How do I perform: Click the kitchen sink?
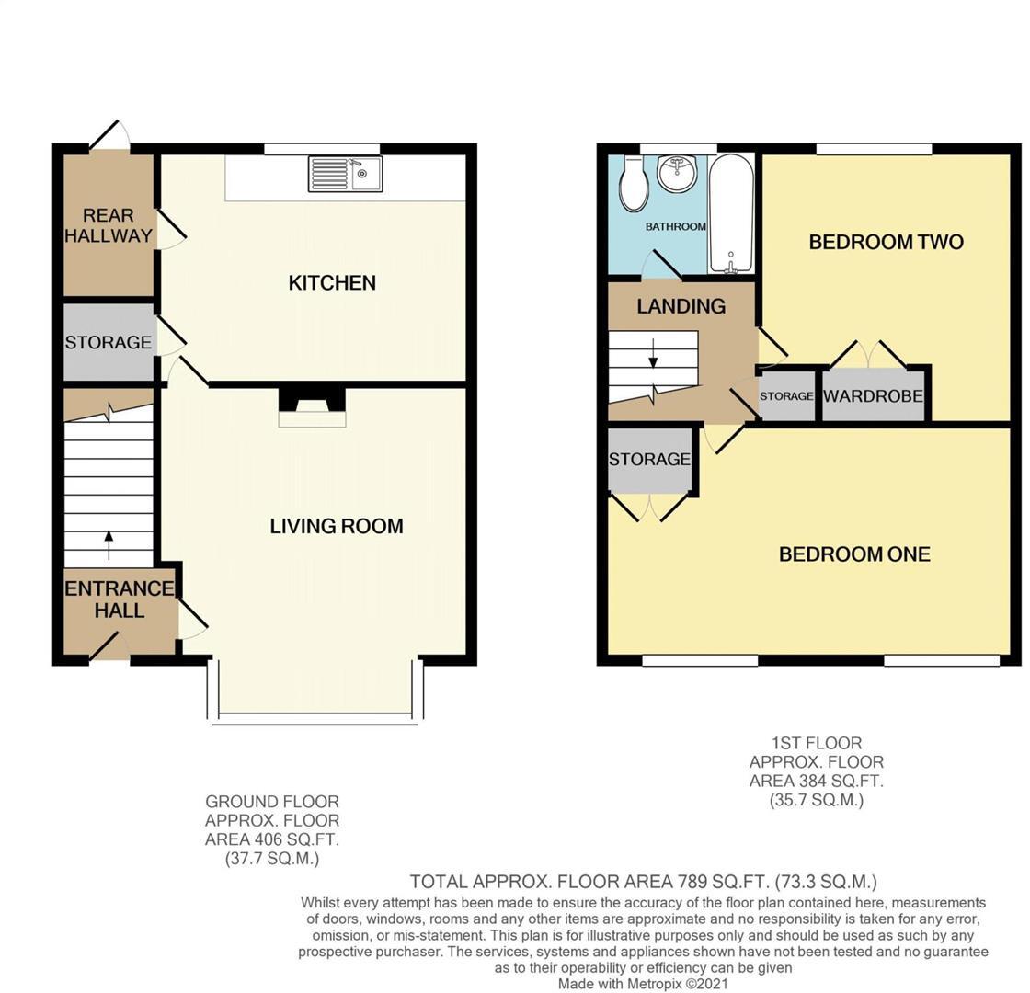point(346,174)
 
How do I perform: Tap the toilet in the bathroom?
point(634,182)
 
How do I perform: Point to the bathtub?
point(732,213)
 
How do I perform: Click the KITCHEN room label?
point(332,282)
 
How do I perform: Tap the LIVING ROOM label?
point(337,526)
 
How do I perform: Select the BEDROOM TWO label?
point(886,242)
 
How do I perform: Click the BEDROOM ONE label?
point(854,554)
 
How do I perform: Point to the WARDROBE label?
point(873,396)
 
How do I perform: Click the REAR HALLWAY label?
point(109,225)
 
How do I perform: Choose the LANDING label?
point(681,306)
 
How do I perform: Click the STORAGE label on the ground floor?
point(108,342)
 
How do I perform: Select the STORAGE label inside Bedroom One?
point(649,459)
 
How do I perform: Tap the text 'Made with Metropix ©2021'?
point(643,984)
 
